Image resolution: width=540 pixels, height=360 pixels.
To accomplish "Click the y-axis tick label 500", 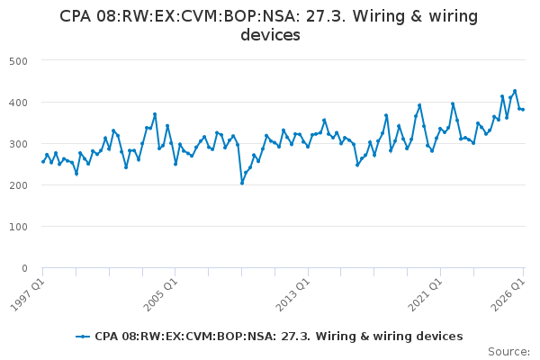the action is (x=18, y=61).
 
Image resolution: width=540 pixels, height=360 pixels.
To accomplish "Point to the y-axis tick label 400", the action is (x=18, y=103).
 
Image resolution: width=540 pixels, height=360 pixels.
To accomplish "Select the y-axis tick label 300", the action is (x=18, y=144).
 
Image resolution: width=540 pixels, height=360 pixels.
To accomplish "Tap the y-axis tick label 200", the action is (x=18, y=185).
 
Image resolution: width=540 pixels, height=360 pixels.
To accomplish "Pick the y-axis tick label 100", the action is (x=18, y=227).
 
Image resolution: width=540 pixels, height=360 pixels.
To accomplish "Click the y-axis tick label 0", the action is (x=24, y=268).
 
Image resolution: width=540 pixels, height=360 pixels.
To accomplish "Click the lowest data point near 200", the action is (x=242, y=184).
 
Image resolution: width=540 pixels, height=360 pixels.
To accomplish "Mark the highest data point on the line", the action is (x=515, y=91).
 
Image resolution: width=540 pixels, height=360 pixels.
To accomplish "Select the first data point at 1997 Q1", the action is (x=43, y=162).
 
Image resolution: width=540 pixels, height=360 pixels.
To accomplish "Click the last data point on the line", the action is (x=523, y=110).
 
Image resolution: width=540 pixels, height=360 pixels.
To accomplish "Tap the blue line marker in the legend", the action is (x=83, y=337).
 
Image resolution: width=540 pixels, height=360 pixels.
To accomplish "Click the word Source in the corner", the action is (x=508, y=352).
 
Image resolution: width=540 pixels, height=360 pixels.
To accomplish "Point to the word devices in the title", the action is (x=270, y=35).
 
